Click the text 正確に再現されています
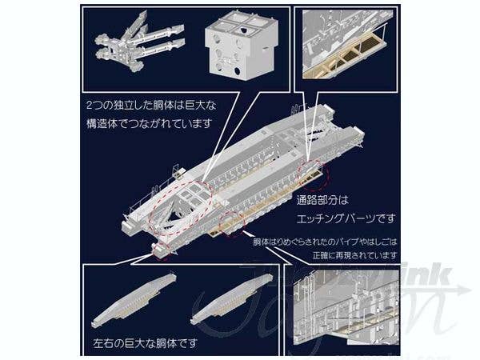[x=353, y=254]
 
